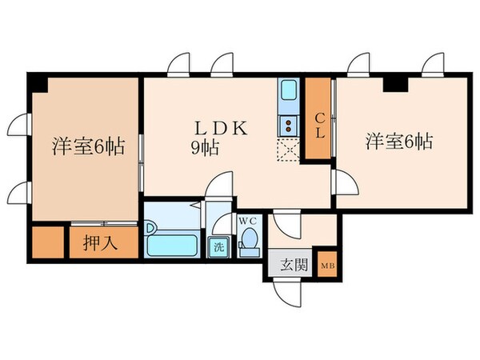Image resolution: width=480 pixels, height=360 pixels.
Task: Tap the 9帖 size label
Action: click(x=205, y=147)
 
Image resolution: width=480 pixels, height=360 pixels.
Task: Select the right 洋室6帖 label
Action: click(x=399, y=142)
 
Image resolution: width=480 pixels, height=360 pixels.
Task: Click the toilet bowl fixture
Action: click(x=250, y=240)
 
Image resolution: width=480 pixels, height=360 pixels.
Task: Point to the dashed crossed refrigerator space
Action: click(x=286, y=149)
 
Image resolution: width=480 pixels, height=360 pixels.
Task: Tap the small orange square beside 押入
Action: click(x=47, y=242)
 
